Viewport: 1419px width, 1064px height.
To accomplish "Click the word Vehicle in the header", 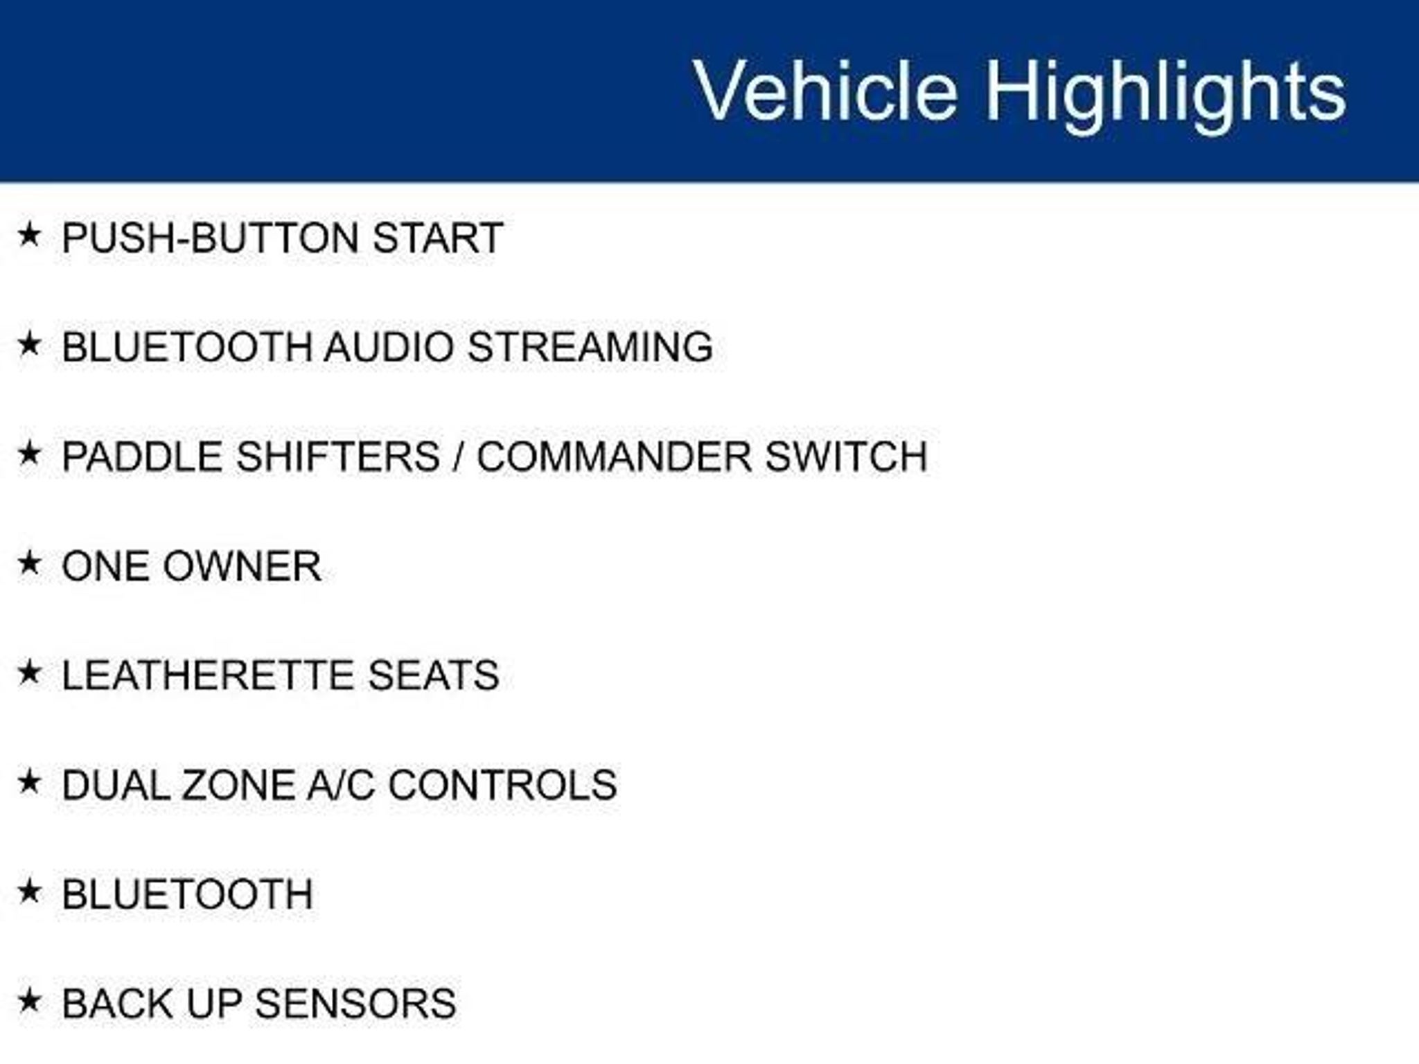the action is [826, 91].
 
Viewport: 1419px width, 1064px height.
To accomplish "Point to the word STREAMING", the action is [590, 347].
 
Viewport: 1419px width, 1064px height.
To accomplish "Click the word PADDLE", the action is [143, 456].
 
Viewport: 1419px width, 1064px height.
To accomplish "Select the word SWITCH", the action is [846, 456].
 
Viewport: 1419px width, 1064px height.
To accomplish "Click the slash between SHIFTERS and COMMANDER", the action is [458, 456].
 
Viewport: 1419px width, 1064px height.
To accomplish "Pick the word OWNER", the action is [243, 566].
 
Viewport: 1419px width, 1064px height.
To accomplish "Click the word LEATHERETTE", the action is [209, 675].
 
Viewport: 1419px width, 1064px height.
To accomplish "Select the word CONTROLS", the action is [502, 785].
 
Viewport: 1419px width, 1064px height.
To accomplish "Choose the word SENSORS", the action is [356, 1004].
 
